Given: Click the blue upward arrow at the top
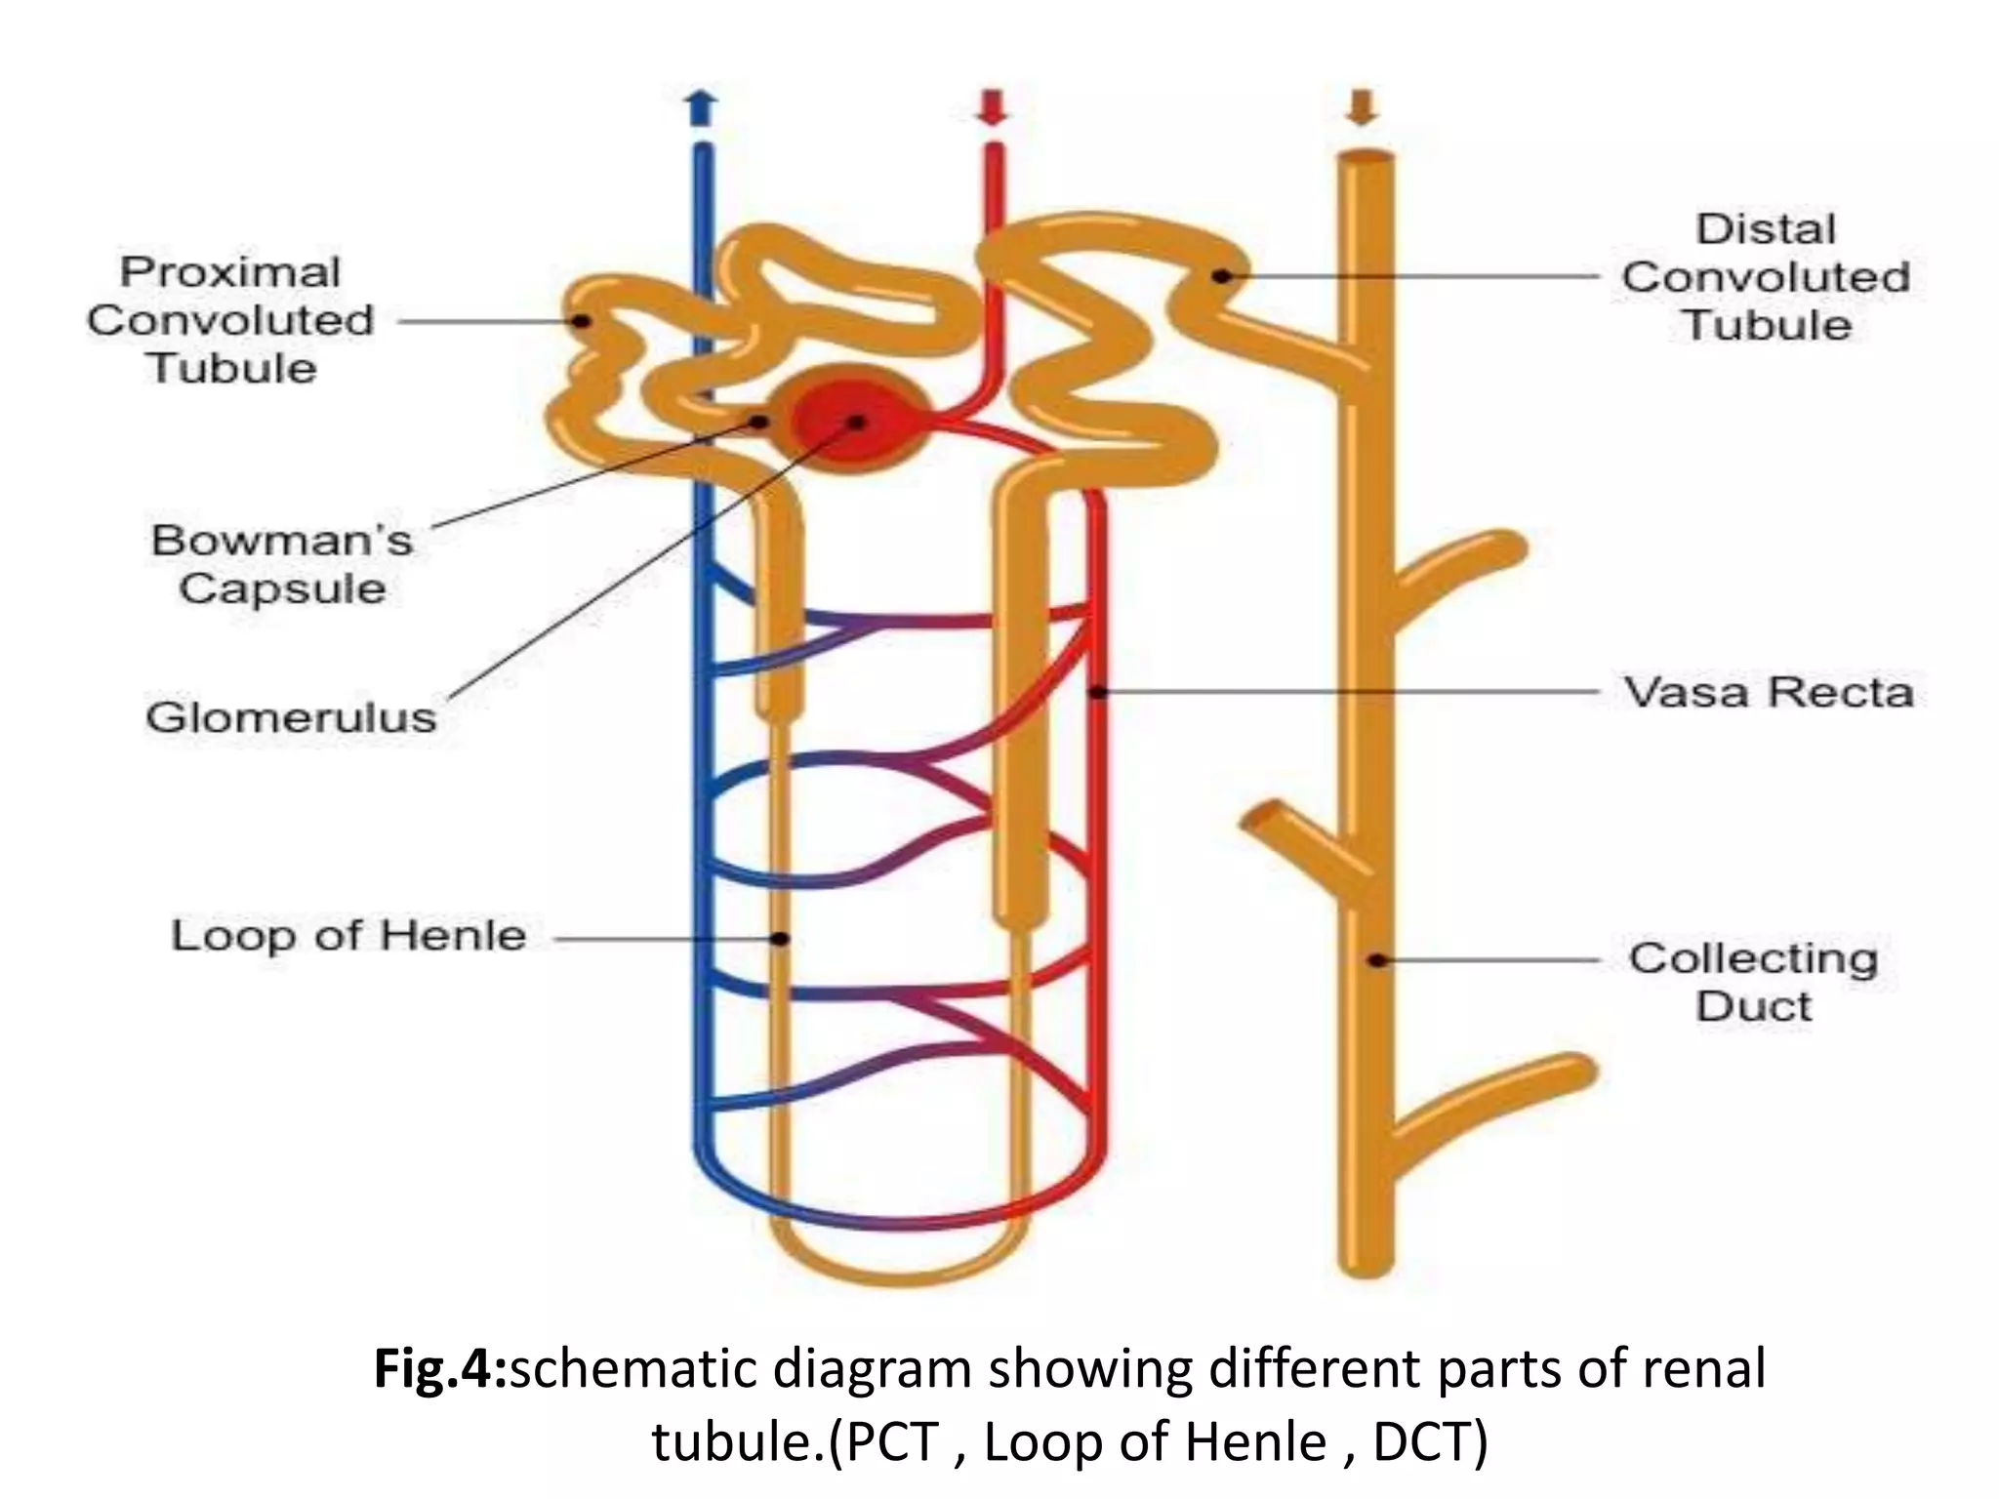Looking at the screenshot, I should [701, 108].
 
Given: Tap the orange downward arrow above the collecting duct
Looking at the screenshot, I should [1363, 107].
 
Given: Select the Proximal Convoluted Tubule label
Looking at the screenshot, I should [231, 320].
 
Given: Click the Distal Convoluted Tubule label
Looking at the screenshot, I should [1766, 277].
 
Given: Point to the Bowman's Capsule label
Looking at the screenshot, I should [282, 564].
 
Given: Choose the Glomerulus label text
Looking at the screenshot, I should [291, 717].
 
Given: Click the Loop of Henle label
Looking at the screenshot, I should [348, 936].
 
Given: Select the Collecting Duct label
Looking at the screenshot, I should [1753, 982].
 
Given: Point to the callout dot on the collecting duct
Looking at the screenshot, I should [1377, 960].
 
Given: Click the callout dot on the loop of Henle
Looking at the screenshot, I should [780, 939].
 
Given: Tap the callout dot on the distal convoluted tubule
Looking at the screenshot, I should [1220, 276].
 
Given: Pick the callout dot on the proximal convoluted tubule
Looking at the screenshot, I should [582, 320].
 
